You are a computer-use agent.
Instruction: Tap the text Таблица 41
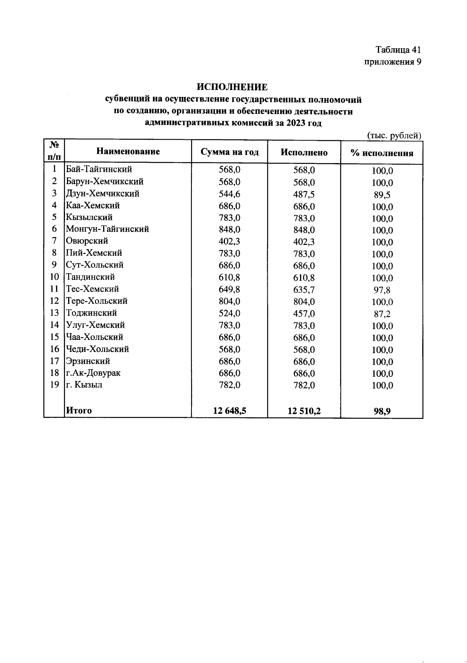tap(398, 50)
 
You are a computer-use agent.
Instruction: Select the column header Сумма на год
tap(229, 152)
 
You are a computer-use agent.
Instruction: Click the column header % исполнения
tap(381, 153)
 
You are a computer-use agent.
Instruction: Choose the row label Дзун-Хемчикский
tap(102, 193)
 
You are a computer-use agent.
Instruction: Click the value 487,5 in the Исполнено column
tap(304, 194)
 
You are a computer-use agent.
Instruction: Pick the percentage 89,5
tap(382, 195)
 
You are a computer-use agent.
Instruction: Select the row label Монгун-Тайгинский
tap(107, 229)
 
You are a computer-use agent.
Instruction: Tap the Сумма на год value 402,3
tap(229, 241)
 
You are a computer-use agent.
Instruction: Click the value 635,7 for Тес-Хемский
tap(304, 290)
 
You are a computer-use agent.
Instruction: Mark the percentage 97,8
tap(382, 290)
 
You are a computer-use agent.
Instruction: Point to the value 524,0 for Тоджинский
tap(229, 313)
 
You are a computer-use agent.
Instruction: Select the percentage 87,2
tap(382, 314)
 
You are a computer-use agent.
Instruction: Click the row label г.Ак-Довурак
tap(93, 373)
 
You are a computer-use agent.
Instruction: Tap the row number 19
tap(54, 385)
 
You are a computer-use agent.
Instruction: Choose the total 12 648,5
tap(229, 410)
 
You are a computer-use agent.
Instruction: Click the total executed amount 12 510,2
tap(304, 411)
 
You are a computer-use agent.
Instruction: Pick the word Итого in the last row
tap(79, 410)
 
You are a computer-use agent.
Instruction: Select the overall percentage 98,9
tap(382, 412)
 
